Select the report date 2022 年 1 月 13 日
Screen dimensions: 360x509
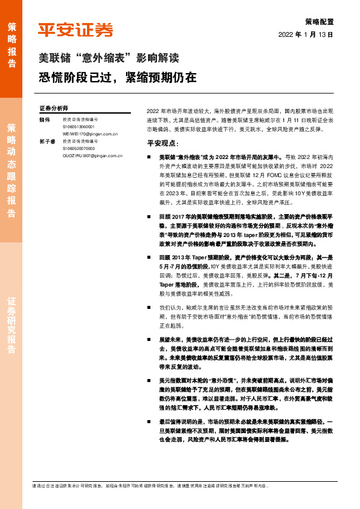point(306,34)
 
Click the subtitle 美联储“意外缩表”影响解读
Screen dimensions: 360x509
point(109,59)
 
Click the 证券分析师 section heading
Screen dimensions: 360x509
point(54,108)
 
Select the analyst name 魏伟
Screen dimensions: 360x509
point(44,120)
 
